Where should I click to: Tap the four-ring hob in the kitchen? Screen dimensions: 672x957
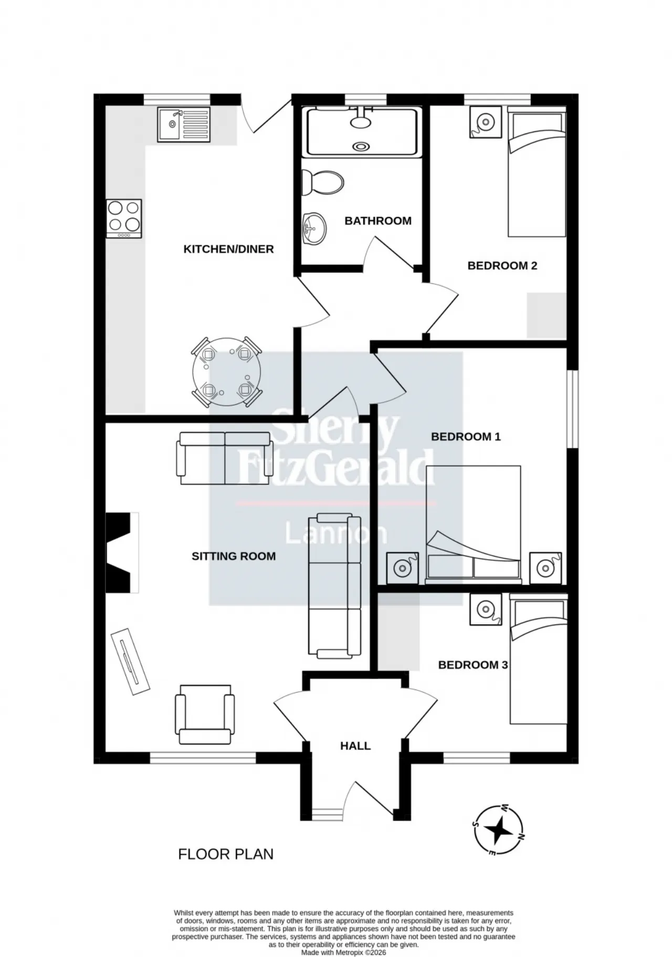(124, 218)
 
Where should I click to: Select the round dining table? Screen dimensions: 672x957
(227, 372)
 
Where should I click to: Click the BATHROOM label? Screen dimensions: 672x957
(378, 221)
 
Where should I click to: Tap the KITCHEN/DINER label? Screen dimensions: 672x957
(228, 249)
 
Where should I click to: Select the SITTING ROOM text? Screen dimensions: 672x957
(234, 556)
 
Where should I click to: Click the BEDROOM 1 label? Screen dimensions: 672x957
(466, 437)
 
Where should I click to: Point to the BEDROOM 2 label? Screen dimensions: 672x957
(502, 266)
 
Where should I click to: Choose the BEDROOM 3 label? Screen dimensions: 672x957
(473, 665)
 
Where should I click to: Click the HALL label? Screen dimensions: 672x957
(355, 746)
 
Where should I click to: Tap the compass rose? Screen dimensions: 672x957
(498, 830)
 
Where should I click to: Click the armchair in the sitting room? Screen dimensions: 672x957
(205, 714)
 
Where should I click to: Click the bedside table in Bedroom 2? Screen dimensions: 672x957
(486, 122)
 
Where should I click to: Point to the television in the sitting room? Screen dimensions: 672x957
(131, 662)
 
